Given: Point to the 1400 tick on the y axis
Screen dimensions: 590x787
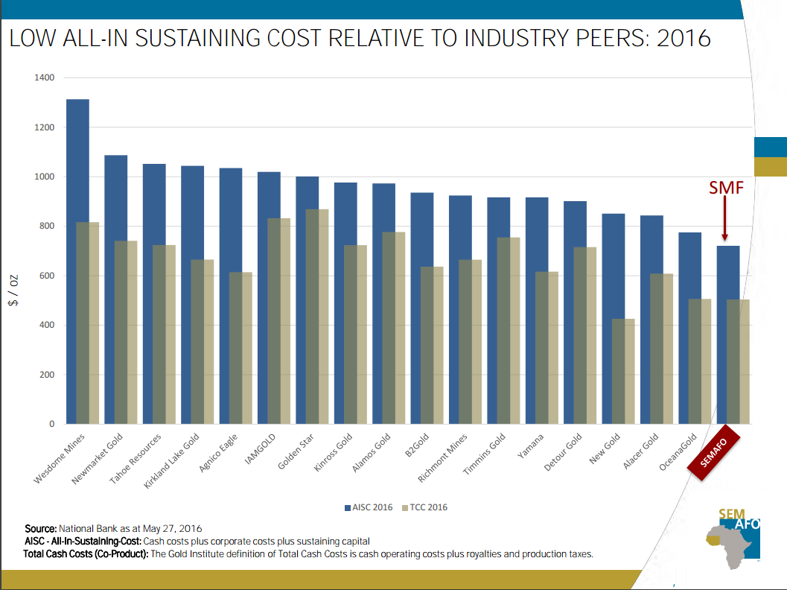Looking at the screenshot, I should (45, 77).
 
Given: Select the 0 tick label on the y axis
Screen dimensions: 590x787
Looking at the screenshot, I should (51, 424).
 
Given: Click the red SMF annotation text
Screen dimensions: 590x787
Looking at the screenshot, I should (725, 188).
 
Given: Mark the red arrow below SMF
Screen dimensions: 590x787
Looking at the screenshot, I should (724, 220).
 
